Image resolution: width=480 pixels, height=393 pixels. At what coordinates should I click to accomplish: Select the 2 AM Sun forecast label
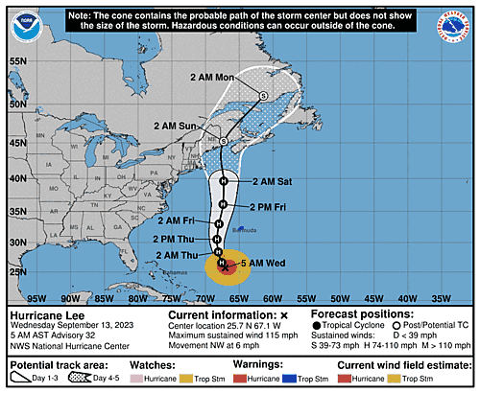click(x=175, y=125)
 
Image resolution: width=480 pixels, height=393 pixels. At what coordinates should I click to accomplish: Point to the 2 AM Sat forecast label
click(x=272, y=180)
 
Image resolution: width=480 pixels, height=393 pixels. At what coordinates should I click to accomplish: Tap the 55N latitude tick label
click(x=17, y=60)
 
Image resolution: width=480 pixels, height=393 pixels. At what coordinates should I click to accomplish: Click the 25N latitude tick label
click(x=17, y=270)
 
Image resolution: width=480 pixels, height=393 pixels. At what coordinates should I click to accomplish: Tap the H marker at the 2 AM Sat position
click(x=223, y=180)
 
